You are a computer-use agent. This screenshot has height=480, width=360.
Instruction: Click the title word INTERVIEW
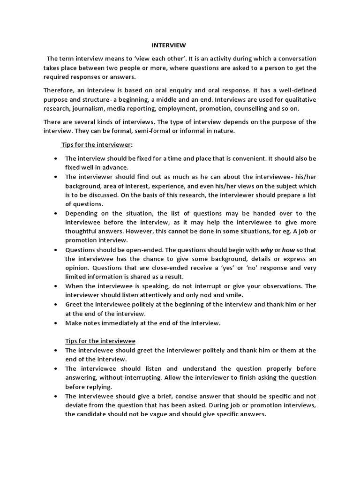click(168, 45)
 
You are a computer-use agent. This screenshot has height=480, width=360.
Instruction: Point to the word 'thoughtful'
click(82, 231)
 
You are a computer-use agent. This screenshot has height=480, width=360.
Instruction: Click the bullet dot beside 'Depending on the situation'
click(56, 213)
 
